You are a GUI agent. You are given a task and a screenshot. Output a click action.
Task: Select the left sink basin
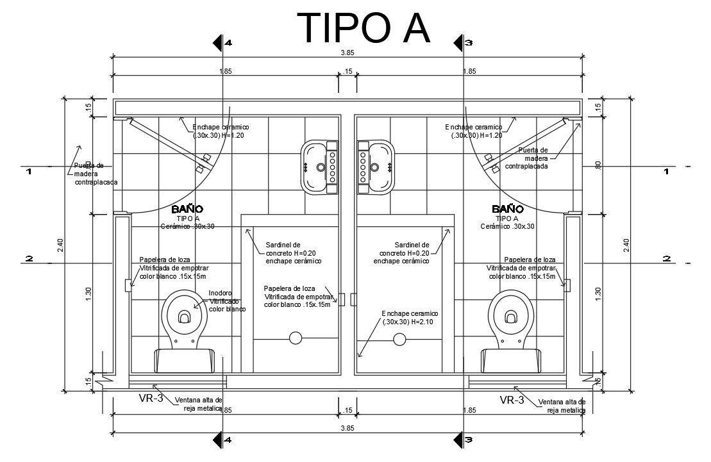click(315, 166)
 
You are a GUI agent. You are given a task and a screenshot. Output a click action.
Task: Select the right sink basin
click(379, 166)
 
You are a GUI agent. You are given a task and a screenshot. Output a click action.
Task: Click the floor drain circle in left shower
click(296, 337)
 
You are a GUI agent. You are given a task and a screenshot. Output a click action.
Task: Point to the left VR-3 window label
click(151, 399)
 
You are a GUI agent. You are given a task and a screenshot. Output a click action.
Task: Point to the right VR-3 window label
click(512, 400)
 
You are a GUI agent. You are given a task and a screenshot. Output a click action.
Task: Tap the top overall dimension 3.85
click(347, 53)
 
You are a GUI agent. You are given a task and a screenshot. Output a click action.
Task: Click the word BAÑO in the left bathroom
click(187, 209)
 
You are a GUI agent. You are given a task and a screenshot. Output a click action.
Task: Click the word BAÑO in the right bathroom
click(507, 209)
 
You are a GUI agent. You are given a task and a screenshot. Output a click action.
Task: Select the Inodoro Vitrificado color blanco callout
click(227, 301)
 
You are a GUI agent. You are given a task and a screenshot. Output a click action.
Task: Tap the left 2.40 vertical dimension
click(60, 245)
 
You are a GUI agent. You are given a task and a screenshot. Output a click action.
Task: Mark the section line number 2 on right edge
click(667, 258)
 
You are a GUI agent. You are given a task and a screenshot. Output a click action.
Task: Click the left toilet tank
click(185, 359)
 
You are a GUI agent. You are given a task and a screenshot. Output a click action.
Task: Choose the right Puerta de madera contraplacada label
click(527, 158)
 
